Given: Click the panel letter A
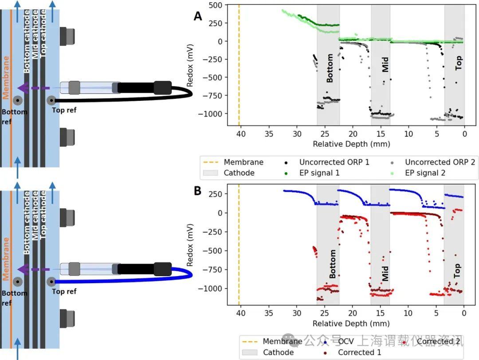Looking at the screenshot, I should pyautogui.click(x=198, y=16).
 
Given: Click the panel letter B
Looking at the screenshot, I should pyautogui.click(x=198, y=191).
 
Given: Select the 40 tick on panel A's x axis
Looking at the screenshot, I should pyautogui.click(x=240, y=134).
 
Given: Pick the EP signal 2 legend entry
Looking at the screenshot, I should pyautogui.click(x=425, y=173).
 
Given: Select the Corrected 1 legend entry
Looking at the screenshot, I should pyautogui.click(x=359, y=352).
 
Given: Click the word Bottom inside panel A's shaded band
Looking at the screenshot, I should pyautogui.click(x=330, y=68).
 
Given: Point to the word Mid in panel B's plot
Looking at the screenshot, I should pyautogui.click(x=385, y=273).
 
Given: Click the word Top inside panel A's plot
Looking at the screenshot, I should pyautogui.click(x=459, y=63).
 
